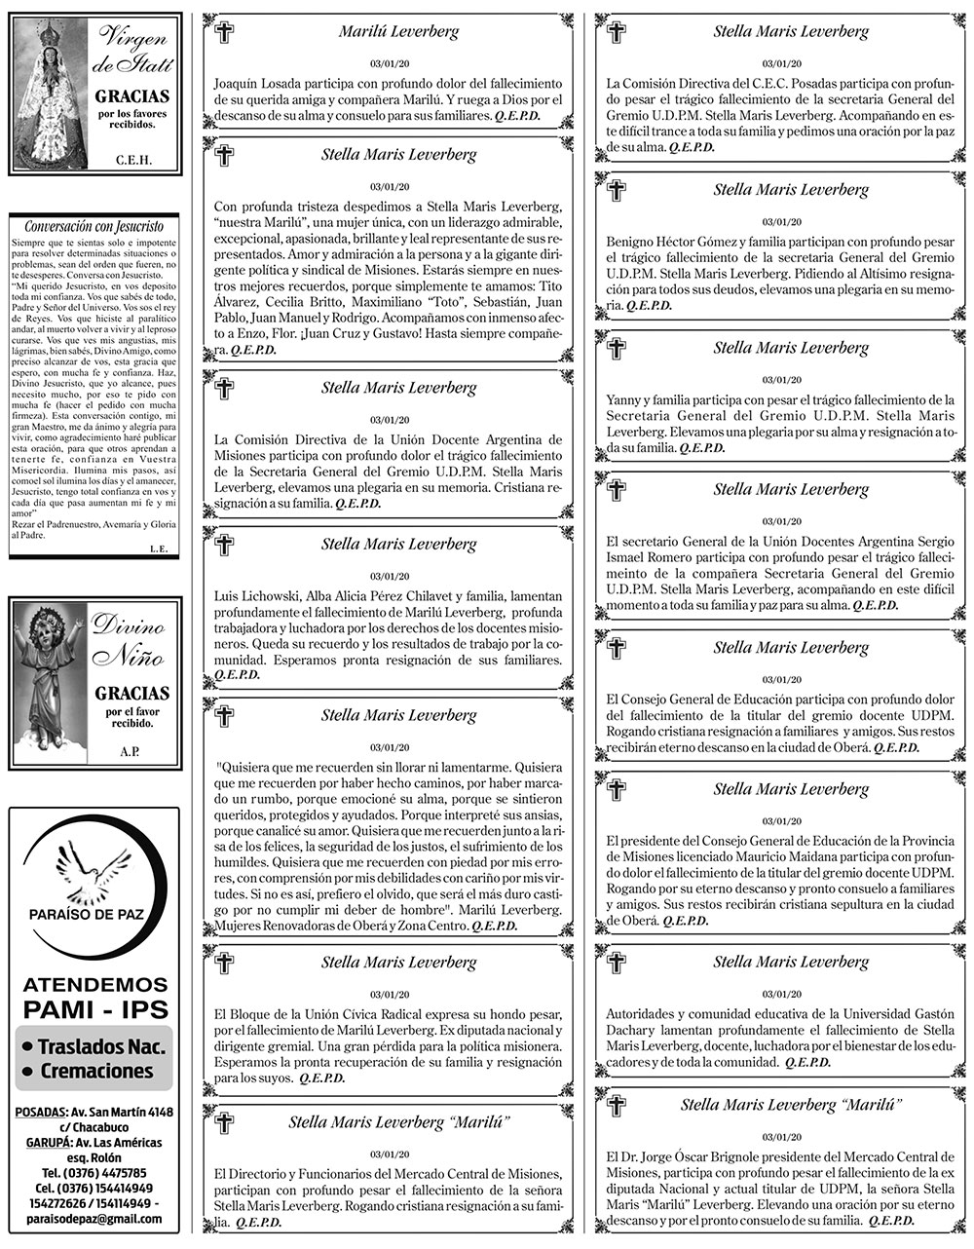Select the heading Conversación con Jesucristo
[x=94, y=226]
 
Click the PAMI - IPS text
[x=94, y=1007]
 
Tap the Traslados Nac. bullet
[x=94, y=1047]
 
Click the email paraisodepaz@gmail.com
[x=94, y=1219]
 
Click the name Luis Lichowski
[x=250, y=596]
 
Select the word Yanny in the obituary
[x=621, y=399]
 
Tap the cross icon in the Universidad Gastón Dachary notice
[x=617, y=963]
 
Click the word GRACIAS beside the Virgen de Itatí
[x=131, y=97]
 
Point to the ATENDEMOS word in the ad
[x=94, y=984]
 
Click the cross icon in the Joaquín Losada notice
[x=224, y=33]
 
